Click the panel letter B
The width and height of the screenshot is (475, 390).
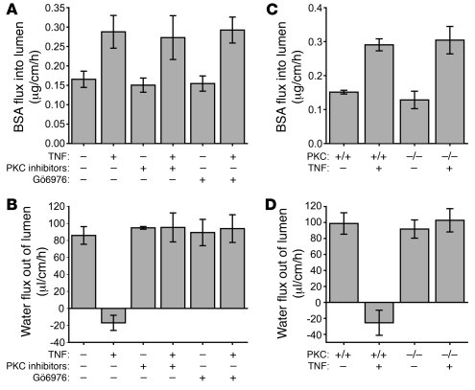[x=9, y=202]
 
